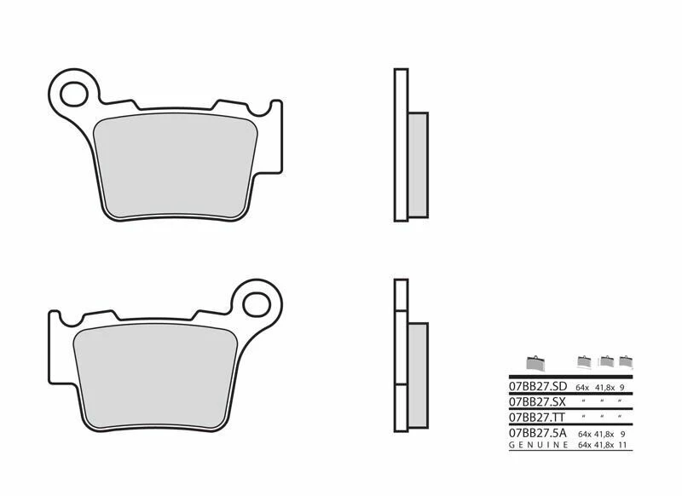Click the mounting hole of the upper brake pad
point(74,89)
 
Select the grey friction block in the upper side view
point(419,164)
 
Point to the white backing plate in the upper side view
point(398,145)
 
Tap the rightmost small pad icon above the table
point(627,360)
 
